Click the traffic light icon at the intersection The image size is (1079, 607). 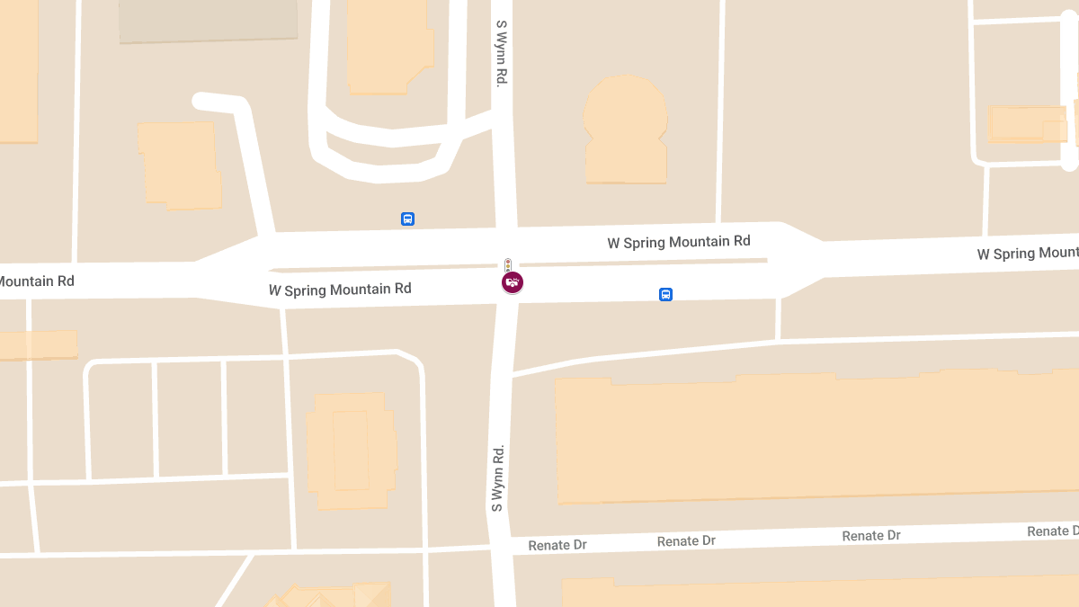click(x=508, y=265)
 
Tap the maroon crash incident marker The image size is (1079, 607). click(x=513, y=283)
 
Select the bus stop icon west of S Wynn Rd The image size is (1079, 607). click(x=407, y=219)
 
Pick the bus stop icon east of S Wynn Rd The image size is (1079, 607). click(x=665, y=294)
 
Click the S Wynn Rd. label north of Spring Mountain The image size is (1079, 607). click(x=501, y=53)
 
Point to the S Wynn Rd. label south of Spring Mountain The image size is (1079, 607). click(x=496, y=478)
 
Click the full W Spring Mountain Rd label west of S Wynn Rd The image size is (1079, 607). click(x=340, y=290)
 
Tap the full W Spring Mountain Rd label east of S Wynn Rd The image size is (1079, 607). click(x=679, y=242)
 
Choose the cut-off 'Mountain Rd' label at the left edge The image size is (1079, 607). click(x=36, y=281)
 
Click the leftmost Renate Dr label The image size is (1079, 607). click(x=557, y=545)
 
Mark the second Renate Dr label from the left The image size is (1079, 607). click(x=686, y=541)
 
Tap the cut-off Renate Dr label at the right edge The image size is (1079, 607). click(x=1052, y=531)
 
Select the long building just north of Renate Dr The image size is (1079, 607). click(x=809, y=436)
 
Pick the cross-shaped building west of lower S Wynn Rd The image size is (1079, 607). click(x=351, y=450)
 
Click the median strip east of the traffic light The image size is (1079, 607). click(x=643, y=262)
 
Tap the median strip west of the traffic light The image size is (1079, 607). click(x=387, y=268)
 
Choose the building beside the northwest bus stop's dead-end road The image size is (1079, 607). click(x=180, y=165)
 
